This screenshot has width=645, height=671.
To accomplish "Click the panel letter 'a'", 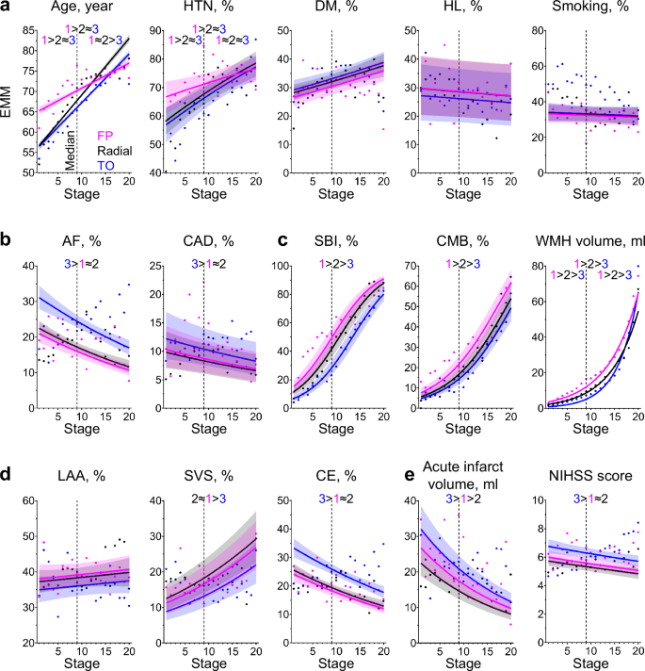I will pos(7,8).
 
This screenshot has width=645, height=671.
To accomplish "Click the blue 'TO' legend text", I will pos(106,164).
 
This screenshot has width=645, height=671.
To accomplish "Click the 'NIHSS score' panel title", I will pos(589,475).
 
